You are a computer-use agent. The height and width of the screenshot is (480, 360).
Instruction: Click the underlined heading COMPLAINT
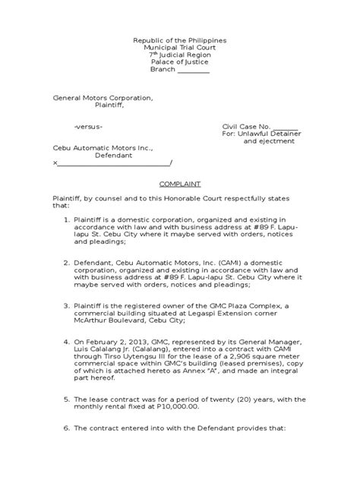point(179,183)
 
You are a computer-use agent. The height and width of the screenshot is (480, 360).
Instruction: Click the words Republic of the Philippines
point(179,39)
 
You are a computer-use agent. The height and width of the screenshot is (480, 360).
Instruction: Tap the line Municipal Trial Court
point(179,47)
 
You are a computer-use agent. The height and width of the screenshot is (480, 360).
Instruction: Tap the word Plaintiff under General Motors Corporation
point(108,106)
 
